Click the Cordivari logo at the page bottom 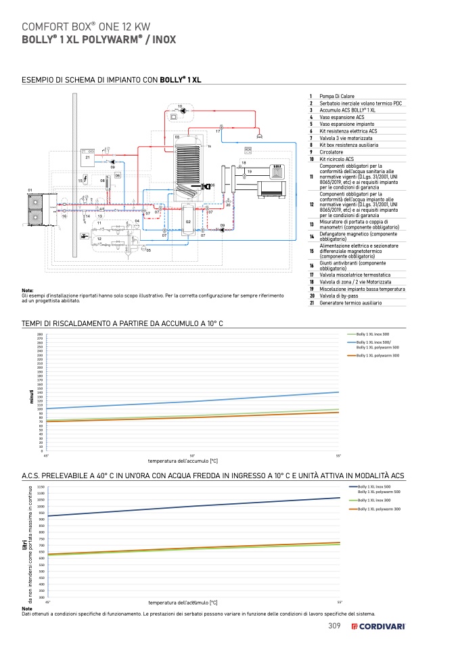[x=377, y=626]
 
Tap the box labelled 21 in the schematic [x=87, y=157]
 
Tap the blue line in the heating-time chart [x=203, y=400]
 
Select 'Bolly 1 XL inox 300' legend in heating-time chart [x=372, y=334]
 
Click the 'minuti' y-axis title [x=31, y=396]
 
